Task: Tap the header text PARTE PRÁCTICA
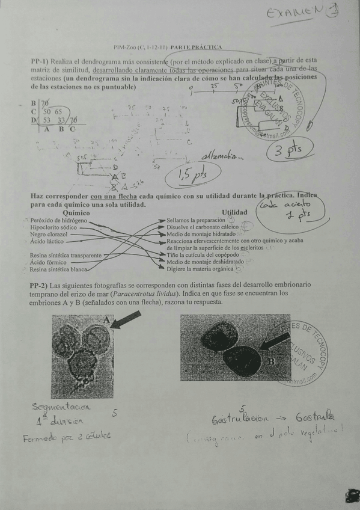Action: coord(197,47)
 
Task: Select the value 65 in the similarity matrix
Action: coord(58,111)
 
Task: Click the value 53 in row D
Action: coord(46,120)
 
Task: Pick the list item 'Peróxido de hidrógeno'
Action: coord(58,220)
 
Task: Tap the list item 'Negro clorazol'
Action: coord(49,235)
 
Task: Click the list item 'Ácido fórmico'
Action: coord(47,262)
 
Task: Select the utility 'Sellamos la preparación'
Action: coord(195,221)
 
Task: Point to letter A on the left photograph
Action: coord(106,321)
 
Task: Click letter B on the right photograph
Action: coord(271,361)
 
